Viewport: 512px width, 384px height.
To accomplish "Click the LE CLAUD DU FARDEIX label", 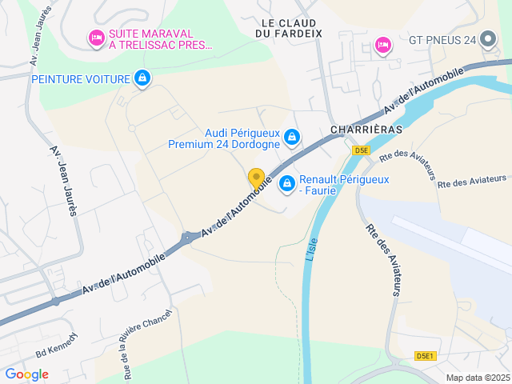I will tap(288, 28).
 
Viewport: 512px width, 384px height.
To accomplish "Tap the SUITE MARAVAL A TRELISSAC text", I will tap(161, 39).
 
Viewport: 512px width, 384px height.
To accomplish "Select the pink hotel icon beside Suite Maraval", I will tap(96, 37).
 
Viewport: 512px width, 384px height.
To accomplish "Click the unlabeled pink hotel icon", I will tap(382, 42).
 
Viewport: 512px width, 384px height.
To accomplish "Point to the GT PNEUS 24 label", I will tap(442, 40).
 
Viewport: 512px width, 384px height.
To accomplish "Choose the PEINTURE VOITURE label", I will tap(81, 78).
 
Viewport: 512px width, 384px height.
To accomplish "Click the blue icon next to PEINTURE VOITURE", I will tap(142, 78).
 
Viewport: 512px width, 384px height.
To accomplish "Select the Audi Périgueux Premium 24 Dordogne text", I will tap(224, 139).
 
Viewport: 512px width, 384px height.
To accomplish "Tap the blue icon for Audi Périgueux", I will tap(292, 138).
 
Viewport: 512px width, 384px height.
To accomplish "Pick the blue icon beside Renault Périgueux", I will tap(286, 185).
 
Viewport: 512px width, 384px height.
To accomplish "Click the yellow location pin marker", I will tap(256, 178).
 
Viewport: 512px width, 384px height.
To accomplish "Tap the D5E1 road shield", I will tap(426, 356).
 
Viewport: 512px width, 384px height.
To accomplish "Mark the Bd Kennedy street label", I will tap(56, 345).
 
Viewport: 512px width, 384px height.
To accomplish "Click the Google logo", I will tap(26, 374).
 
